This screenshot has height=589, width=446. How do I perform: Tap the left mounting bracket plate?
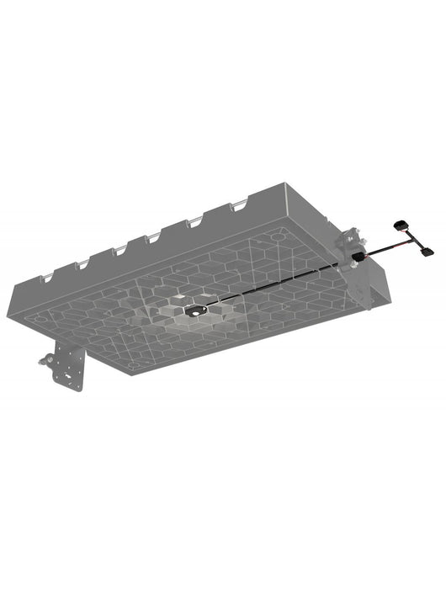click(x=71, y=370)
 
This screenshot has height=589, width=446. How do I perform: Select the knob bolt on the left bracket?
click(x=44, y=364)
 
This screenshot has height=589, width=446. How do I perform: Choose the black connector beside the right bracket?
click(x=357, y=255)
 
